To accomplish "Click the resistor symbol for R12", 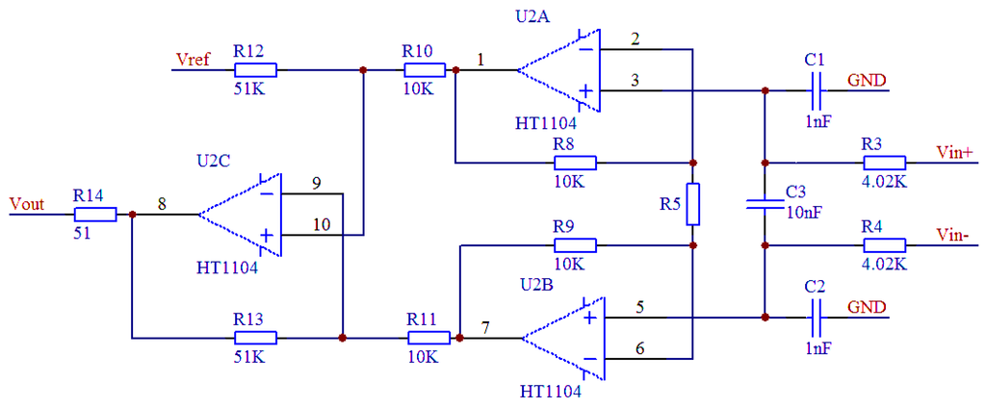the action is [255, 70].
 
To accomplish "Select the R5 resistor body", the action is [692, 204].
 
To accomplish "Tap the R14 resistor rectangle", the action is [95, 215].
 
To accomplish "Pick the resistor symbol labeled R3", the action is [885, 163].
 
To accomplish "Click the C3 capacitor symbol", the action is [765, 204].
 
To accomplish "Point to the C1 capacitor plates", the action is [817, 90].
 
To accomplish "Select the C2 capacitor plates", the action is [817, 317].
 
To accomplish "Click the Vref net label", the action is [193, 61].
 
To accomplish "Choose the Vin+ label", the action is [955, 151].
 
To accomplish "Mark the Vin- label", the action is [952, 234].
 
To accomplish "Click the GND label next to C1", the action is [867, 81].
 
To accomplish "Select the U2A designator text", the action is [532, 17].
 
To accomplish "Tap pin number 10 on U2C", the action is [320, 224].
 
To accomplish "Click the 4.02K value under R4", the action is [885, 264].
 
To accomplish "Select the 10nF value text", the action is [804, 213].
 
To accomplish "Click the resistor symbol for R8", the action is [575, 163].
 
